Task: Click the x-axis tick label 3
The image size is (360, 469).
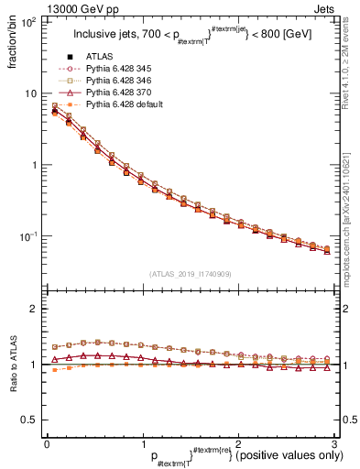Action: tap(334, 443)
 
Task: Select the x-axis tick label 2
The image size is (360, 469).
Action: tap(239, 443)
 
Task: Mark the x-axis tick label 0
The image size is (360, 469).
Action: tap(47, 443)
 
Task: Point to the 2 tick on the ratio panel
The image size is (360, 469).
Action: tap(34, 310)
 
